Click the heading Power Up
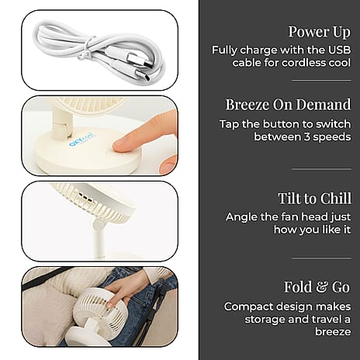pos(319,32)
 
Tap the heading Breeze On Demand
pos(288,105)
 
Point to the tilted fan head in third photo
pos(92,200)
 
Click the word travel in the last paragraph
pos(320,319)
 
